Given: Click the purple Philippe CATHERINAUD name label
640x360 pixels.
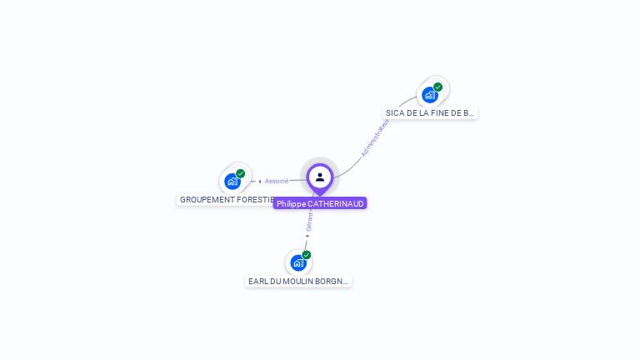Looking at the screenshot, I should tap(320, 203).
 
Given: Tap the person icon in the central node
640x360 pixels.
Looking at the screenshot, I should tap(320, 177).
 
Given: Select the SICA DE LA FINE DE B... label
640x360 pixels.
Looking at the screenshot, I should tap(430, 112).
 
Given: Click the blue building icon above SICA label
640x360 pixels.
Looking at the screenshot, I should tap(430, 95).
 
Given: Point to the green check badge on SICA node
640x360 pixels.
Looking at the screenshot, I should tap(438, 87).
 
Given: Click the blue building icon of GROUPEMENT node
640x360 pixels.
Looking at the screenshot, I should tap(232, 182).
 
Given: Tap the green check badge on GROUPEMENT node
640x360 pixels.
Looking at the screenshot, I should tap(241, 173).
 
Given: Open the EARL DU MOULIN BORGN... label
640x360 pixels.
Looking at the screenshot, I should tap(298, 282).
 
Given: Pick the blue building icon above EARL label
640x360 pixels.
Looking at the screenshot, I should tap(298, 263).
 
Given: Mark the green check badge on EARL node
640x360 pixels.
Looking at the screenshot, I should tap(307, 255).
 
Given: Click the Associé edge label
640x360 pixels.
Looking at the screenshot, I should tap(277, 181).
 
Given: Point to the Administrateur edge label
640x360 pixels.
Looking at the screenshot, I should tap(375, 137).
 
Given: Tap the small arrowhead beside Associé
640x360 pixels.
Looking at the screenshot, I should tap(260, 181).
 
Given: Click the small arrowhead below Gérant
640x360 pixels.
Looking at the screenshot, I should tap(307, 236).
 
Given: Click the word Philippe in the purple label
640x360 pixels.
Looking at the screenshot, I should tap(291, 203).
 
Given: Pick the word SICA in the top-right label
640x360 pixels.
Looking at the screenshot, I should tap(394, 112).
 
